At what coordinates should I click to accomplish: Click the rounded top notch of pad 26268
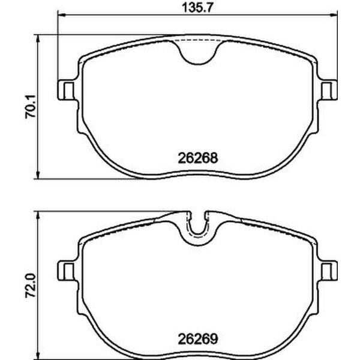point(199,53)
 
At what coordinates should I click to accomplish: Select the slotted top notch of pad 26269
point(198,228)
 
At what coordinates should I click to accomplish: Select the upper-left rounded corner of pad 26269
point(86,239)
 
